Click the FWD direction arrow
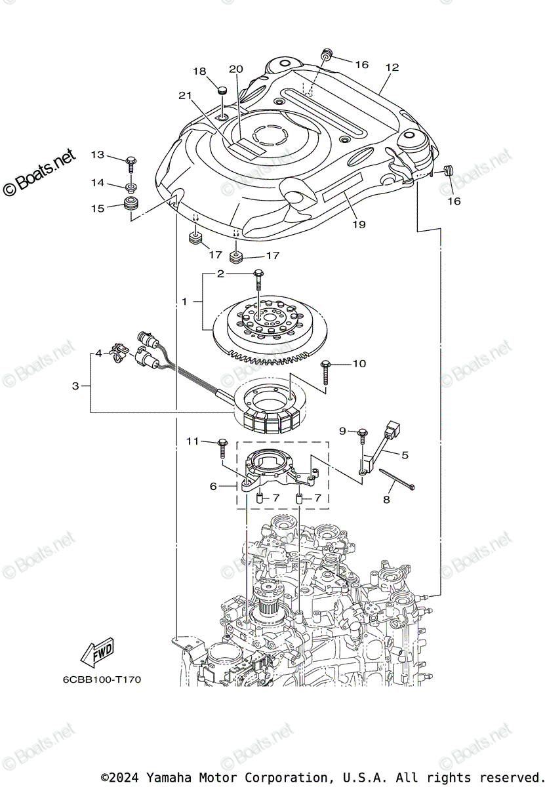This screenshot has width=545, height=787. tap(96, 652)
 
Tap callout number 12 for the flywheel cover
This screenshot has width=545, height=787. tap(392, 68)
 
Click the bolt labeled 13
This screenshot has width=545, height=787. tap(131, 161)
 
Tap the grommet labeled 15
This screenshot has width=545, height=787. tap(132, 204)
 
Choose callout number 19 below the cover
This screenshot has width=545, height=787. tap(359, 224)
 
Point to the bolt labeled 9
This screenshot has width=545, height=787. tap(361, 436)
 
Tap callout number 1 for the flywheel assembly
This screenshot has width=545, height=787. tap(185, 302)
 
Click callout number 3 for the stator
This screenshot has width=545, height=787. tap(75, 386)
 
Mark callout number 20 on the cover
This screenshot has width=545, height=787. tap(236, 69)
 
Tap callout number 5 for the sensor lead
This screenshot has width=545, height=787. tap(405, 454)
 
